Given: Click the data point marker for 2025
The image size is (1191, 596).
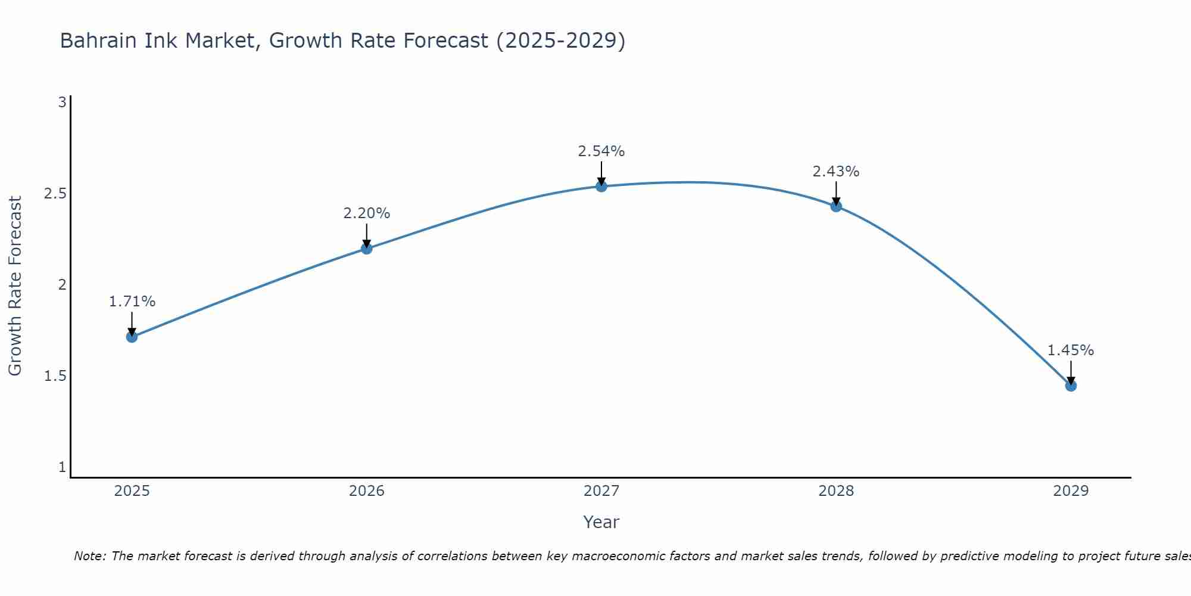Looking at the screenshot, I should pyautogui.click(x=132, y=337).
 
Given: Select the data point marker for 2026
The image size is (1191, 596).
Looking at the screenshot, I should pyautogui.click(x=367, y=249).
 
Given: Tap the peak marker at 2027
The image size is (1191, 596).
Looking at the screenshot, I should pyautogui.click(x=601, y=187).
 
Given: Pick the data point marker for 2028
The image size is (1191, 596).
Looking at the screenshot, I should pyautogui.click(x=836, y=206).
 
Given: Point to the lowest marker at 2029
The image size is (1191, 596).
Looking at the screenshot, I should pyautogui.click(x=1071, y=386).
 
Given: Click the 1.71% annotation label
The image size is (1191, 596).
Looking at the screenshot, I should pyautogui.click(x=132, y=302).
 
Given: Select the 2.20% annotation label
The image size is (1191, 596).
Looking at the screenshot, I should pyautogui.click(x=367, y=213).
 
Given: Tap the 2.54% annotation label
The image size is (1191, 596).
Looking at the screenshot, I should pyautogui.click(x=601, y=151).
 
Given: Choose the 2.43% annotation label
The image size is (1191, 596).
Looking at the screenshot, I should pyautogui.click(x=836, y=172).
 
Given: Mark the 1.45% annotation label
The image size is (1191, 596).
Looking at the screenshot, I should pyautogui.click(x=1071, y=350).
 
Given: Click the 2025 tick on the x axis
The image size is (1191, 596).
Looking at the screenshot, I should pyautogui.click(x=132, y=491).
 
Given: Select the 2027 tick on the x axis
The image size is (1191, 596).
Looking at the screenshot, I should pyautogui.click(x=601, y=491).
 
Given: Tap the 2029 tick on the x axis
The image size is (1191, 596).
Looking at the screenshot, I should pyautogui.click(x=1071, y=491).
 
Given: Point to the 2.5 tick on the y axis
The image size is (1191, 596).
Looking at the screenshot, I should pyautogui.click(x=55, y=194).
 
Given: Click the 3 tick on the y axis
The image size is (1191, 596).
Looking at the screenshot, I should pyautogui.click(x=62, y=103).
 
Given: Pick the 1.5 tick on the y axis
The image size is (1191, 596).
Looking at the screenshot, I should pyautogui.click(x=55, y=376).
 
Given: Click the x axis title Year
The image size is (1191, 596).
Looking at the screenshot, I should pyautogui.click(x=601, y=522).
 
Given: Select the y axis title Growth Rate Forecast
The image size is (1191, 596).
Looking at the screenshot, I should pyautogui.click(x=15, y=285).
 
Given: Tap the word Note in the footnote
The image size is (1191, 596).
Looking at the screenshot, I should pyautogui.click(x=89, y=556).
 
